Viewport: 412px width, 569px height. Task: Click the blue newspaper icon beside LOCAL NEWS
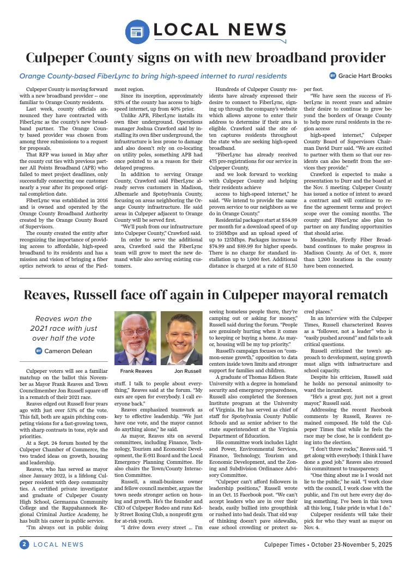point(137,32)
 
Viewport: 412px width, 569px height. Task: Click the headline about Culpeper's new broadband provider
point(206,57)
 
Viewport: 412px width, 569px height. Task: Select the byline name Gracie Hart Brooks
point(365,76)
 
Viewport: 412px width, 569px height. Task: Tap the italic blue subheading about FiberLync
point(153,76)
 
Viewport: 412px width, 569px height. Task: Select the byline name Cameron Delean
point(68,351)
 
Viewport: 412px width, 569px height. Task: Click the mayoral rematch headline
point(206,295)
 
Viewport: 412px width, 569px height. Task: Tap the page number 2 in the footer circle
point(25,544)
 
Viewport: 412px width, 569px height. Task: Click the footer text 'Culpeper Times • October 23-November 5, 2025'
point(328,544)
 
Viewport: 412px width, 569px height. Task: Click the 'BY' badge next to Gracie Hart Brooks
point(333,76)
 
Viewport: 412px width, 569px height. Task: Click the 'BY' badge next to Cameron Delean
point(39,351)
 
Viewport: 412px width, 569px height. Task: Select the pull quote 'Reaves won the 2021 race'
point(63,328)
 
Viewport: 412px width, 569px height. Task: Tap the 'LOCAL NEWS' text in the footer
point(59,544)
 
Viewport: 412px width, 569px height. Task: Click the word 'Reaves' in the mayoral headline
point(48,295)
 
